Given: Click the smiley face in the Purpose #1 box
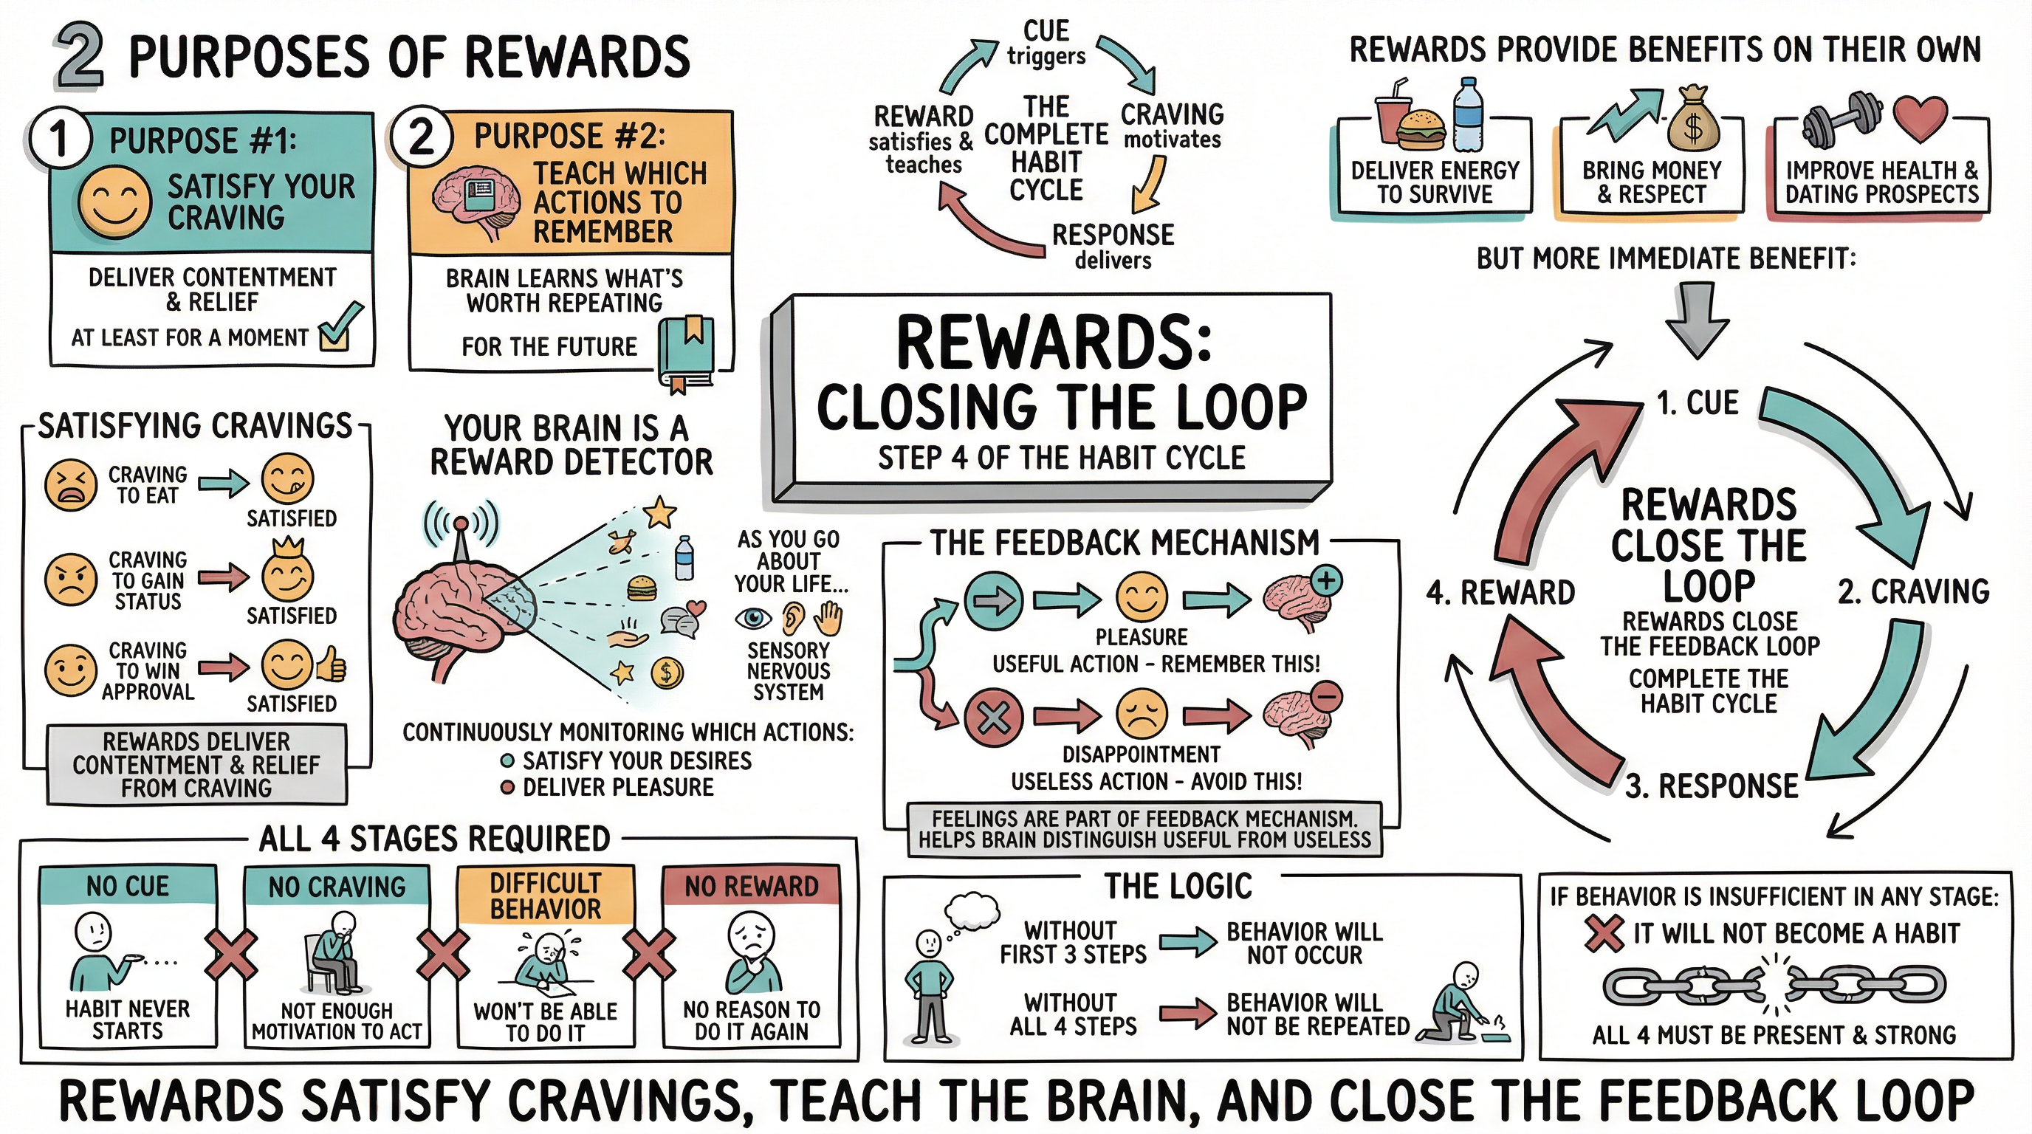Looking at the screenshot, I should [115, 202].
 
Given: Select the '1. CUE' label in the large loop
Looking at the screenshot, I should [1697, 403].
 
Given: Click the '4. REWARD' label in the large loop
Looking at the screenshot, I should [1500, 592].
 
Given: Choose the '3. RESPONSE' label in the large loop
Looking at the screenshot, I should [1712, 786].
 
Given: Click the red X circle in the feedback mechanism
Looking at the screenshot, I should [994, 717].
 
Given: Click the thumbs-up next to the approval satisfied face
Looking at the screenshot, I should [332, 667].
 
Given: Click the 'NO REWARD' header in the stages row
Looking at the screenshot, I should [751, 887].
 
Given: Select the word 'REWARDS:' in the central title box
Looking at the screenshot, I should [1054, 343].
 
